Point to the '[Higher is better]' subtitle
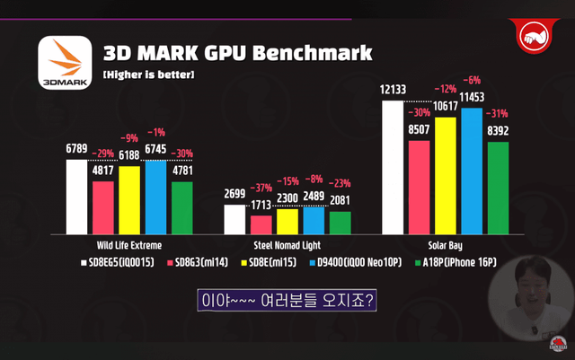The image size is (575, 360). (148, 75)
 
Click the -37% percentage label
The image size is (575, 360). (261, 188)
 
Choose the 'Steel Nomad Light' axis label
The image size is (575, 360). (287, 243)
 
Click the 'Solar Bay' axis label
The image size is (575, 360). (445, 243)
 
